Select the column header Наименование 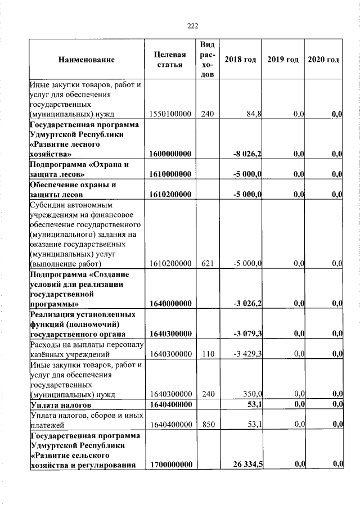click(86, 60)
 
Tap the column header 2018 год click(240, 60)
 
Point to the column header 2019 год click(283, 60)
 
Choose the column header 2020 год click(323, 60)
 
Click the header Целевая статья click(170, 60)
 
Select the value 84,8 click(254, 114)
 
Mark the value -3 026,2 click(247, 304)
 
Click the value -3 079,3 click(247, 334)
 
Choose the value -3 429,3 click(247, 354)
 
